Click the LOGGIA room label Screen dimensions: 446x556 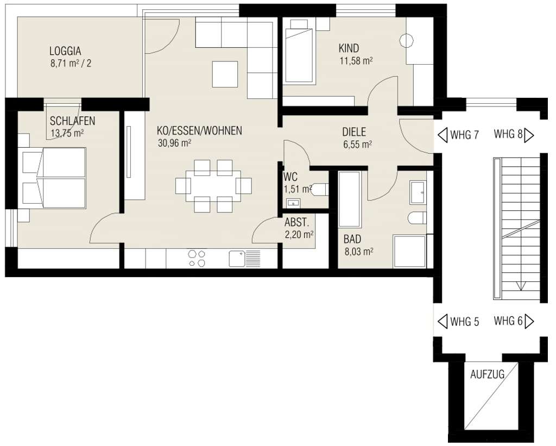[x=65, y=52]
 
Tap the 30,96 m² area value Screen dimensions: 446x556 [x=174, y=143]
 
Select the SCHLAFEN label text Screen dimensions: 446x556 [x=72, y=121]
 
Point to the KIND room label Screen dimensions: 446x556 [x=349, y=48]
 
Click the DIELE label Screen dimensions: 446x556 [x=354, y=131]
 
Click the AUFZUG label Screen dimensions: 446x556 [x=487, y=374]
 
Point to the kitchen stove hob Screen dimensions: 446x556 [x=197, y=258]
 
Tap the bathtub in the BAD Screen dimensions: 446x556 [x=349, y=199]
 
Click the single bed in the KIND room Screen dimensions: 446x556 [x=298, y=52]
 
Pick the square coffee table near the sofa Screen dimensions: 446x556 [x=225, y=74]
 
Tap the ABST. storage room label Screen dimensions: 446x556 [x=296, y=222]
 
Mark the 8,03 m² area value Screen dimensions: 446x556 [x=358, y=252]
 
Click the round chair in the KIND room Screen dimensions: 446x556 [x=407, y=41]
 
